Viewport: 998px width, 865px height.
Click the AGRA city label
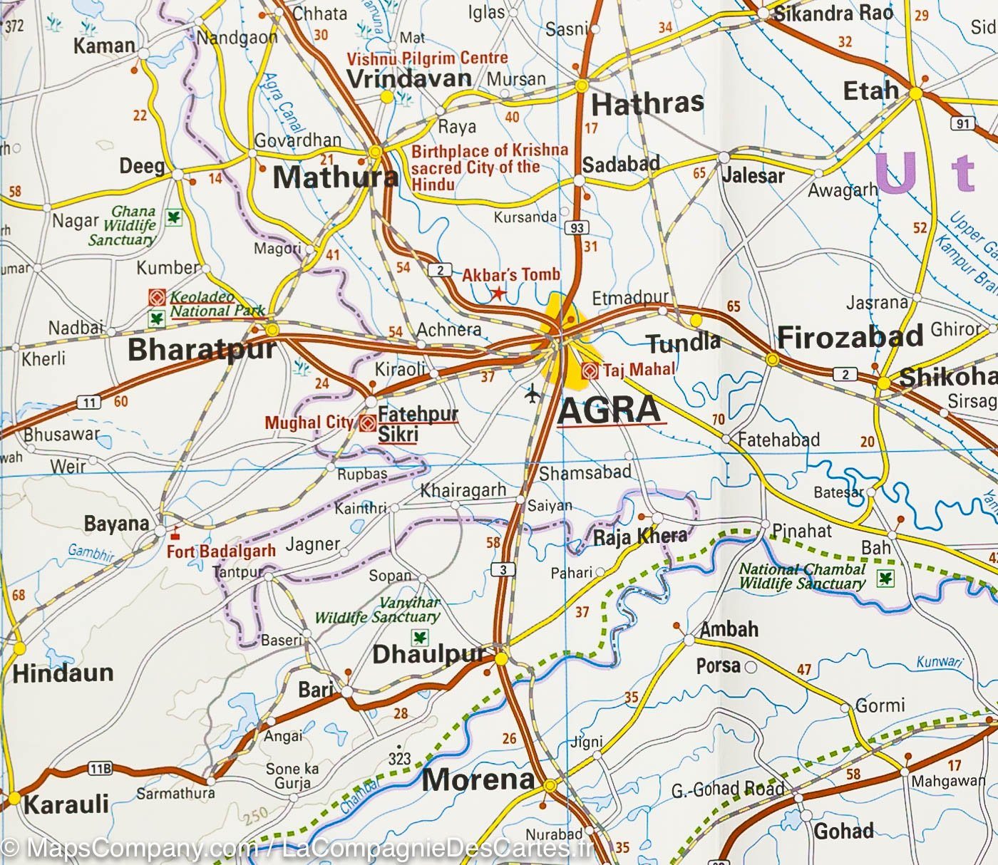coord(609,410)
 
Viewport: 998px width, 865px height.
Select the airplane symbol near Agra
coord(532,393)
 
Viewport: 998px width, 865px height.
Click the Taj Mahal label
coord(638,370)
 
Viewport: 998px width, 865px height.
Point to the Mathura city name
coord(335,177)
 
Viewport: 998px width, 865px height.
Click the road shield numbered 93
coord(576,228)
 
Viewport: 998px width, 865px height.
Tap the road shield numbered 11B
coord(99,768)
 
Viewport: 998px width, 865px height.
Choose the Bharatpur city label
coord(202,349)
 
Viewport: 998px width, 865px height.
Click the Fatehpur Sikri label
coord(417,423)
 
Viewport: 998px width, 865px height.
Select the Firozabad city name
coord(850,337)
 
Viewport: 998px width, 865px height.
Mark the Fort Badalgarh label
coord(221,551)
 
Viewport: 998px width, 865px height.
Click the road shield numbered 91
coord(962,124)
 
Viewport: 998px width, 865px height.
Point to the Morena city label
coord(478,779)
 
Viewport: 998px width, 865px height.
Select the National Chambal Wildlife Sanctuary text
coord(801,576)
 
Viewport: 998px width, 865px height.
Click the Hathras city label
coord(647,104)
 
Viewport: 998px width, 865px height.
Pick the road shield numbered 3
coord(503,569)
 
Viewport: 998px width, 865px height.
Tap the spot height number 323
coord(399,758)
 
